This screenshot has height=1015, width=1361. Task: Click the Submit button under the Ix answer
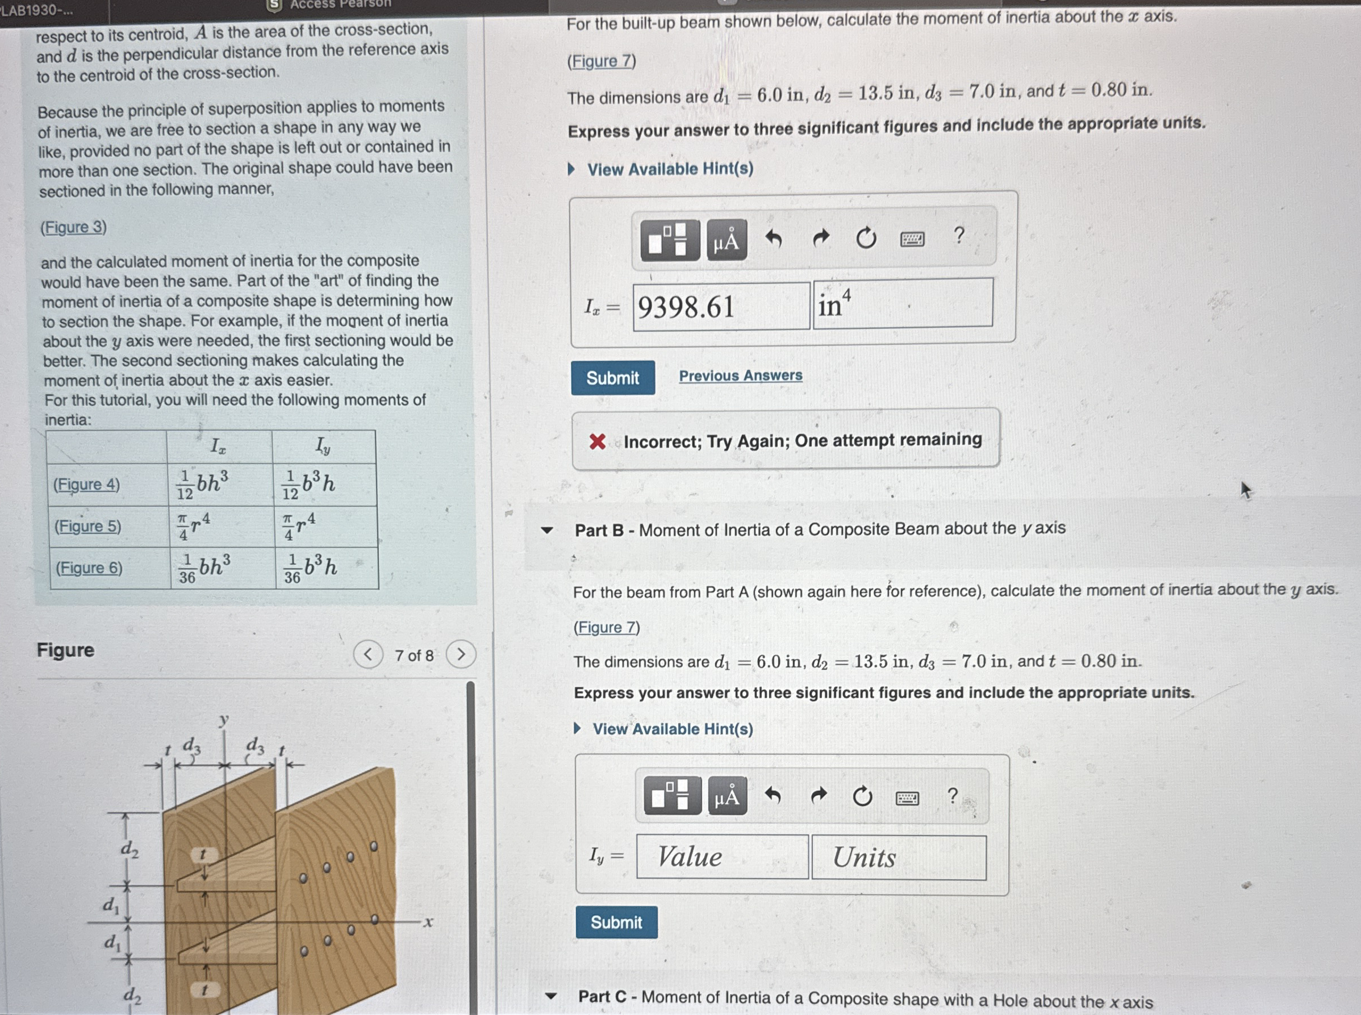pyautogui.click(x=612, y=378)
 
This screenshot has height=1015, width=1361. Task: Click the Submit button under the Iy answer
pyautogui.click(x=616, y=922)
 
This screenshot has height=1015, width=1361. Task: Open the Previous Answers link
pyautogui.click(x=740, y=375)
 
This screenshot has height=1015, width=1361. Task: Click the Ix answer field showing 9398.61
pyautogui.click(x=721, y=306)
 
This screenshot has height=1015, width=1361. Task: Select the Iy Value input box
pyautogui.click(x=722, y=857)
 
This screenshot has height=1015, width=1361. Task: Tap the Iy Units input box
pyautogui.click(x=899, y=857)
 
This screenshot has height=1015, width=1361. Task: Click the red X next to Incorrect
pyautogui.click(x=597, y=441)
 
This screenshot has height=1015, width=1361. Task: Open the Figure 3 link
pyautogui.click(x=74, y=227)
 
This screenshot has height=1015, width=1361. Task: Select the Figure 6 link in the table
pyautogui.click(x=89, y=568)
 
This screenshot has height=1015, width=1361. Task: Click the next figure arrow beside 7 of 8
pyautogui.click(x=461, y=654)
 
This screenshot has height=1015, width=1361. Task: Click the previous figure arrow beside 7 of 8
pyautogui.click(x=368, y=654)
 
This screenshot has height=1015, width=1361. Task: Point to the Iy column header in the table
pyautogui.click(x=323, y=446)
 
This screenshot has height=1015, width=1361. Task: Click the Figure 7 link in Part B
pyautogui.click(x=607, y=628)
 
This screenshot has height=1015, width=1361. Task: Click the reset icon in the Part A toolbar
pyautogui.click(x=866, y=238)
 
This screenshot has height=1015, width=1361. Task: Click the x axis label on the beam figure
pyautogui.click(x=428, y=922)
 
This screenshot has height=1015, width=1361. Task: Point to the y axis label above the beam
pyautogui.click(x=224, y=721)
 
